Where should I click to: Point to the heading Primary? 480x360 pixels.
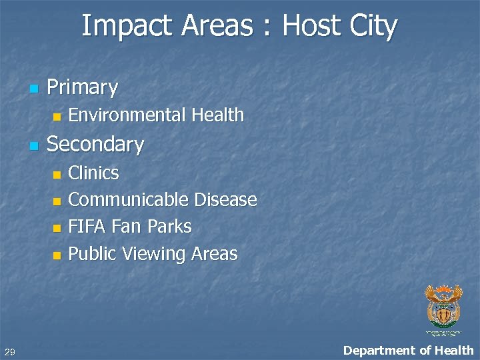tap(82, 87)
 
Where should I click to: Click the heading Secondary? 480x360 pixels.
tap(95, 145)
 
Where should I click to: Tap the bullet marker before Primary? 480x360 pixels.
tap(33, 88)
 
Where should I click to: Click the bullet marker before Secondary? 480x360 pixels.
tap(33, 145)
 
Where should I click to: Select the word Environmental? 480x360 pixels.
tap(127, 115)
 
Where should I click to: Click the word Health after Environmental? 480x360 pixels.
tap(217, 115)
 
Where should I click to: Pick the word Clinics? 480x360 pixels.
tap(94, 173)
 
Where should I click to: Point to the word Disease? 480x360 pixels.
tap(225, 200)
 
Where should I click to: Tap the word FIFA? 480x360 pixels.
tap(87, 227)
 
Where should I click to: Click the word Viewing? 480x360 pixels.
tap(155, 254)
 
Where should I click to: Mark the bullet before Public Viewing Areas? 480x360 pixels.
tap(56, 255)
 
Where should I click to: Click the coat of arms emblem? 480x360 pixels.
tap(443, 307)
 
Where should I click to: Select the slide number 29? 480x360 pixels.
tap(9, 351)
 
